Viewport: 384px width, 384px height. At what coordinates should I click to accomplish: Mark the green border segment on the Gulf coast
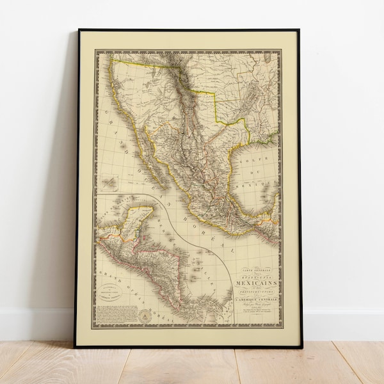click(x=271, y=136)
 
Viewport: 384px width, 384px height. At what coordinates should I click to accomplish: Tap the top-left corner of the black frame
click(x=79, y=30)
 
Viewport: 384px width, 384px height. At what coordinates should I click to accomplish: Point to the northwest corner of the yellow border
click(x=112, y=60)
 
